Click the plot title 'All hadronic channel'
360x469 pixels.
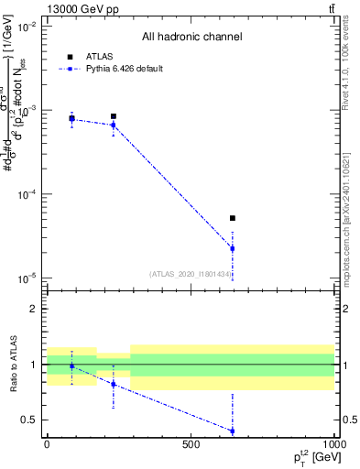click(x=191, y=38)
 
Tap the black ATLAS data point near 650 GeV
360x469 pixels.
click(x=233, y=218)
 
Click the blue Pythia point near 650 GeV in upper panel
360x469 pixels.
click(x=233, y=248)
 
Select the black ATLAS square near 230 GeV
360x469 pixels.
click(x=113, y=116)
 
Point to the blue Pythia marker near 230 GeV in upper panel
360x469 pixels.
click(x=113, y=125)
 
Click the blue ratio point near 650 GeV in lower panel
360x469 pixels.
click(x=233, y=431)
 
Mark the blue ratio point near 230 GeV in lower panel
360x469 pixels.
click(x=113, y=384)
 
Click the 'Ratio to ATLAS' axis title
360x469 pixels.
click(x=14, y=364)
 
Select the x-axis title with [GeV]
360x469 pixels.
click(x=313, y=457)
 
